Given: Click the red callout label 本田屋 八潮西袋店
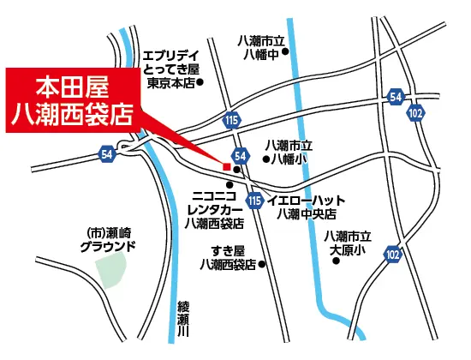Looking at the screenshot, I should click(x=73, y=101).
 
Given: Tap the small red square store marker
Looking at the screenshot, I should click(x=226, y=165).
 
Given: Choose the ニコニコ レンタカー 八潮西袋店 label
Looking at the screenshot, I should click(x=214, y=208).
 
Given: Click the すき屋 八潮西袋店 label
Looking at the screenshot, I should click(x=224, y=257).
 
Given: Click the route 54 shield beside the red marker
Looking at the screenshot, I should click(x=241, y=155).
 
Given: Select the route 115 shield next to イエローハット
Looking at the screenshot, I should click(x=254, y=201).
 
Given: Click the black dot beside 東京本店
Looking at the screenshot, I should click(x=200, y=83).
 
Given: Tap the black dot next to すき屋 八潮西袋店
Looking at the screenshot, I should click(x=262, y=265).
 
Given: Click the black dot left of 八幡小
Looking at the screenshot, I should click(x=264, y=159).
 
